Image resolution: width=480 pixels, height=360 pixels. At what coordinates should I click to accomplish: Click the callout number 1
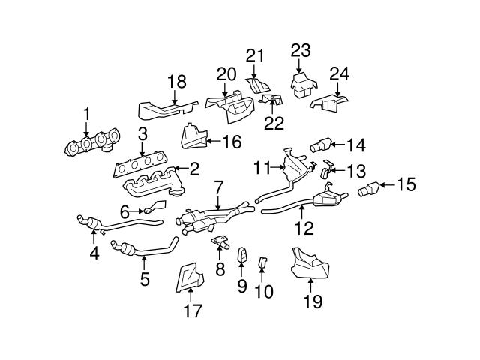[x=85, y=114]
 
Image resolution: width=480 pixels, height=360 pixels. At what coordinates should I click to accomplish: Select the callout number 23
[x=301, y=51]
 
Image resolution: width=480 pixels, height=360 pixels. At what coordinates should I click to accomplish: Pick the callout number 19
[x=312, y=301]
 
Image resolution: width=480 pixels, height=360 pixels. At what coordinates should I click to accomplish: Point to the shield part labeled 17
[x=187, y=277]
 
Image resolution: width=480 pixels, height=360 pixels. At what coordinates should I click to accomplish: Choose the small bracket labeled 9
[x=242, y=256]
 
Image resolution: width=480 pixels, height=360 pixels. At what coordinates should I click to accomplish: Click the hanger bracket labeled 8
[x=220, y=241]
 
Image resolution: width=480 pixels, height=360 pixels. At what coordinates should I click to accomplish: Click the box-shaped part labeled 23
[x=302, y=84]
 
